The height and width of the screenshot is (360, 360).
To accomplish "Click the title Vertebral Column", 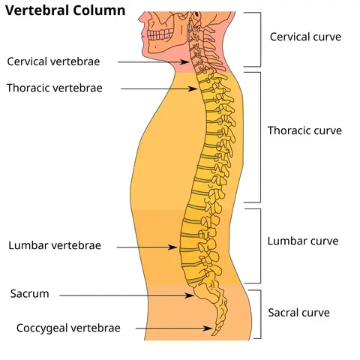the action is point(65,10).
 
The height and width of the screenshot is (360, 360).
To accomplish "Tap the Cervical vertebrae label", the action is point(53,61).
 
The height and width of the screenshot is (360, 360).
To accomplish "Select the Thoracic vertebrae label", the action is point(55,88).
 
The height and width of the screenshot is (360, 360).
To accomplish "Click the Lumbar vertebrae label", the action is point(55,245).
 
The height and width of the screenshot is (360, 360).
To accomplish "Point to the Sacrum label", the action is point(29,294).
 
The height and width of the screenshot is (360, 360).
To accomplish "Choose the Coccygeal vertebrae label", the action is point(68,328).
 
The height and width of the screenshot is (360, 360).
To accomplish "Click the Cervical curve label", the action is point(305,37).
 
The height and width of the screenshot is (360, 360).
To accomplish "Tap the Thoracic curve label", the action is point(304,130).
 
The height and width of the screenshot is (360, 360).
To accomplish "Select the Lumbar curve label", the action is point(303,241).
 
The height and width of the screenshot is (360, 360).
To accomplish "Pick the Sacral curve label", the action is point(298,313).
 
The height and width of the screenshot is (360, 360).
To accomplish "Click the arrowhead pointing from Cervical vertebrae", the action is point(186,62).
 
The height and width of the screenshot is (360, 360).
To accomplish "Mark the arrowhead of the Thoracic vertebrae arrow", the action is point(193,88).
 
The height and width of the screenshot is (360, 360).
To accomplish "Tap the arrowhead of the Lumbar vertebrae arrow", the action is point(173,247).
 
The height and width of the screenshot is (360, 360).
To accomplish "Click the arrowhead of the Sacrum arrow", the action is point(190,295).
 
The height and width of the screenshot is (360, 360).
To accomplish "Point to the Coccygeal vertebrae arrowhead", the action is point(208,328).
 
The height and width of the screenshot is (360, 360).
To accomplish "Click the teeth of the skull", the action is point(160,34).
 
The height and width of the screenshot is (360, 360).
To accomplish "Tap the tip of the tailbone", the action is point(213,335).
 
